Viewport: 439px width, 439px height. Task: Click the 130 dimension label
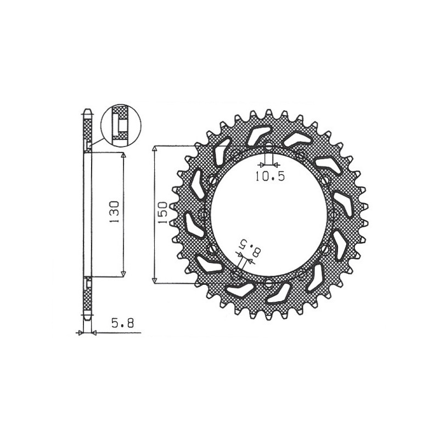pos(115,211)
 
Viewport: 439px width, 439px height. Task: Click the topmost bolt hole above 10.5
pos(268,147)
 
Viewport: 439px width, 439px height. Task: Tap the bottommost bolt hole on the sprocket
pos(268,283)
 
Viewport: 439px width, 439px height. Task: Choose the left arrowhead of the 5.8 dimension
pos(80,333)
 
